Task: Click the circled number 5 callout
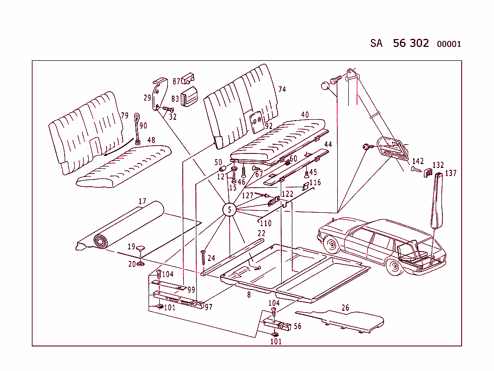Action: pos(230,209)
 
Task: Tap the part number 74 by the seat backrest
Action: pos(282,89)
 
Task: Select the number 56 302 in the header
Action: pos(411,43)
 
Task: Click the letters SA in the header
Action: pos(376,43)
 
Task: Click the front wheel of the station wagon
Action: pos(331,246)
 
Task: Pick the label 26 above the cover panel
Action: pos(345,308)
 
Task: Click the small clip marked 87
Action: pos(188,79)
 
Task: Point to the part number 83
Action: pos(175,99)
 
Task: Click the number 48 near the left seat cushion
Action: pos(151,140)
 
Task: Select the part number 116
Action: pos(315,182)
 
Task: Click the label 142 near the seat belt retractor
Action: pos(418,161)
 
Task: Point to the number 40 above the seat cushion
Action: pos(305,114)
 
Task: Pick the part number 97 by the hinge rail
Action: pos(208,307)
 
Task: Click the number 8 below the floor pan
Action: pos(249,294)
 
